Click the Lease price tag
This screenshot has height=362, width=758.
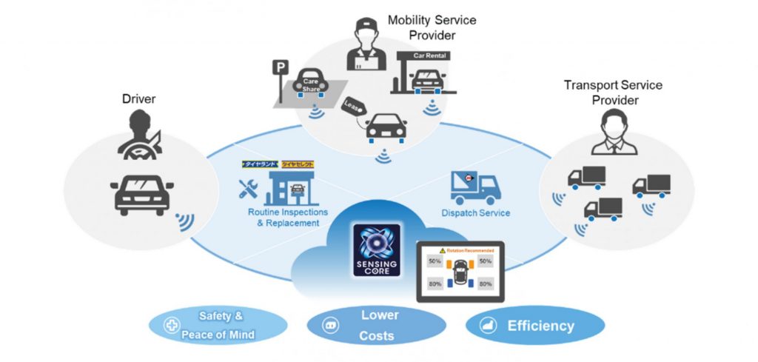(353, 108)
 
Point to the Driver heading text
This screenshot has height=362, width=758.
(140, 98)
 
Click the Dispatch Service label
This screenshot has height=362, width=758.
(476, 213)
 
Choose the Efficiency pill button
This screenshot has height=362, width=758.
(534, 326)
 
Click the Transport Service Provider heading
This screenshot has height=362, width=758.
(613, 93)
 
